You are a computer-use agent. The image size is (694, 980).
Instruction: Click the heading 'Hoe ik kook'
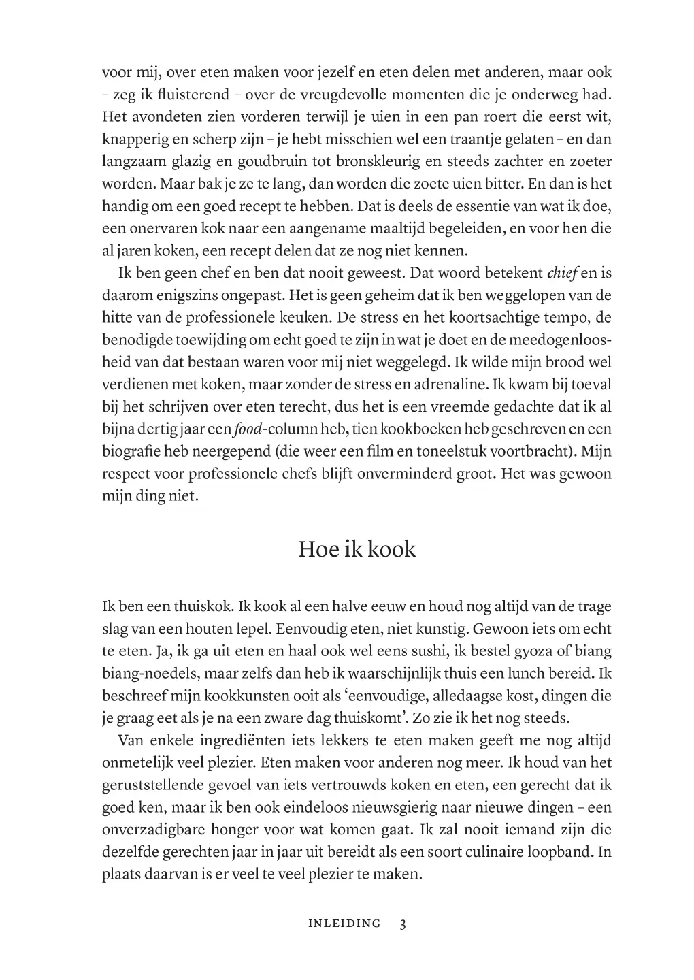click(x=357, y=549)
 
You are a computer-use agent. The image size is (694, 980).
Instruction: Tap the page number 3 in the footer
click(x=403, y=924)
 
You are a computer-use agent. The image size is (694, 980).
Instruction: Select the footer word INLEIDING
click(x=344, y=924)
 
